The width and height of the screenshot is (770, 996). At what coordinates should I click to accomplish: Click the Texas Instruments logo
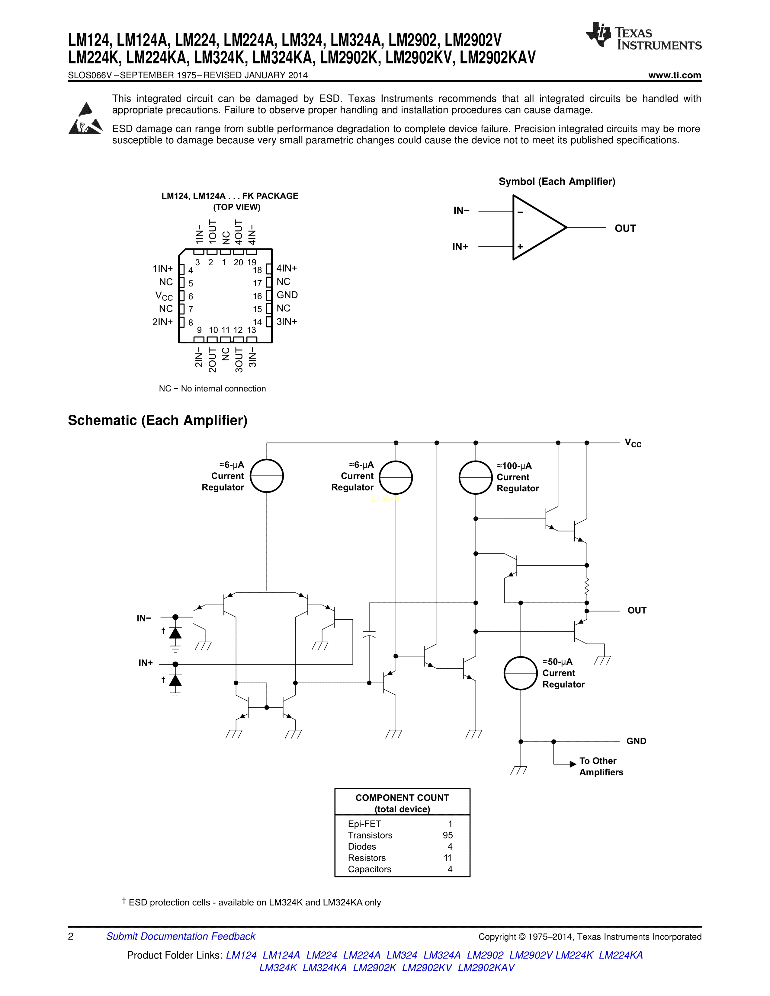click(643, 36)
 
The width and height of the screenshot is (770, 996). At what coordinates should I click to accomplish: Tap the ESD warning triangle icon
click(85, 120)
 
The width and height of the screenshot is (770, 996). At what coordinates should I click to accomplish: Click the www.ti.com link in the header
click(674, 75)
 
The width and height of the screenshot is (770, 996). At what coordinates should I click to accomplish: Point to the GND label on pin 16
click(287, 295)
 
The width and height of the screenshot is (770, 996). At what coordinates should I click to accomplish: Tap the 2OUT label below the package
click(212, 360)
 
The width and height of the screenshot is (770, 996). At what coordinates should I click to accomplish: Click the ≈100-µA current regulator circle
click(475, 477)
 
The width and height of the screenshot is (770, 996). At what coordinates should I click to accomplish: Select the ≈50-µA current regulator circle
click(521, 673)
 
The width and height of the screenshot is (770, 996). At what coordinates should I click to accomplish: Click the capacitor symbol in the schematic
click(369, 635)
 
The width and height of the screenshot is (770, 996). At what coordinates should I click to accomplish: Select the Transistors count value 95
click(448, 835)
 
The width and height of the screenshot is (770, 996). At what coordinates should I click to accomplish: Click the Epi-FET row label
click(364, 824)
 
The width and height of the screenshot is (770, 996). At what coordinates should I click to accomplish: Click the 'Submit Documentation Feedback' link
click(181, 936)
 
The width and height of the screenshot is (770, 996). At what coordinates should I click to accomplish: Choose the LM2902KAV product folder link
click(486, 968)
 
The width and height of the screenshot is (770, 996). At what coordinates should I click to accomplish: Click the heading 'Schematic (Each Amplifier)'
click(157, 420)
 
